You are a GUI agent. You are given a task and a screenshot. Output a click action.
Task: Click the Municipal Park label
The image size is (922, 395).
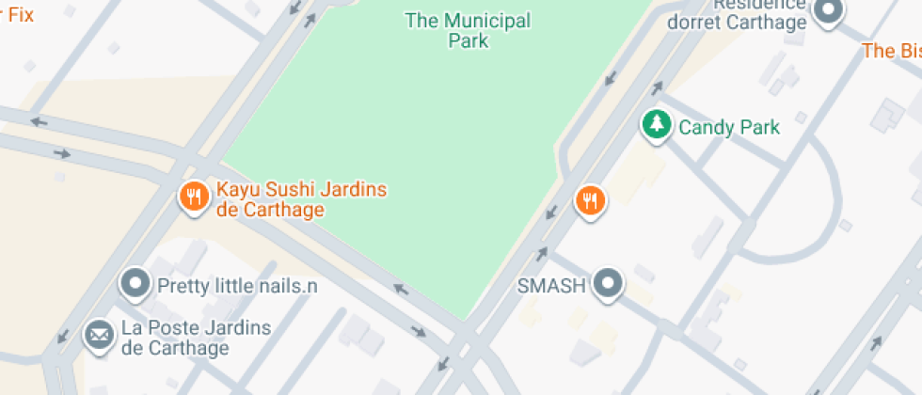[468, 30]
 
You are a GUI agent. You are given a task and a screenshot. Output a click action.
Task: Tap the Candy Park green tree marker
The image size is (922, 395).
[657, 124]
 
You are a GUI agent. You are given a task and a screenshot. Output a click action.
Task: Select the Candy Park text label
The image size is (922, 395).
[729, 126]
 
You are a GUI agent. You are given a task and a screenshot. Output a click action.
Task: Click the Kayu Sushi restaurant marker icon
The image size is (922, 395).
[194, 197]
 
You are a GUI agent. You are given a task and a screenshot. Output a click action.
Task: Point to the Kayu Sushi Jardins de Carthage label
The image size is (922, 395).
[301, 199]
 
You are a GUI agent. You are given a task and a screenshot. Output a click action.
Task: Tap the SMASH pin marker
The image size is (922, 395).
[610, 283]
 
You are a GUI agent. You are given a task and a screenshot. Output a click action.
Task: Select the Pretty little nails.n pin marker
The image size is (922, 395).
[135, 282]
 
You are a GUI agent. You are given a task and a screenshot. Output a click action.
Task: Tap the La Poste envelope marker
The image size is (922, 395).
[98, 334]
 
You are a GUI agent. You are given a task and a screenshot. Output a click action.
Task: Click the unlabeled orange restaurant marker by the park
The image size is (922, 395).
[590, 199]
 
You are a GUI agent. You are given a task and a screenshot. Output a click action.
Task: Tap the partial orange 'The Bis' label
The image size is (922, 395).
[891, 51]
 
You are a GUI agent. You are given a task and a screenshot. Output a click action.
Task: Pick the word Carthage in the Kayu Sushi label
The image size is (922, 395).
[279, 210]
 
